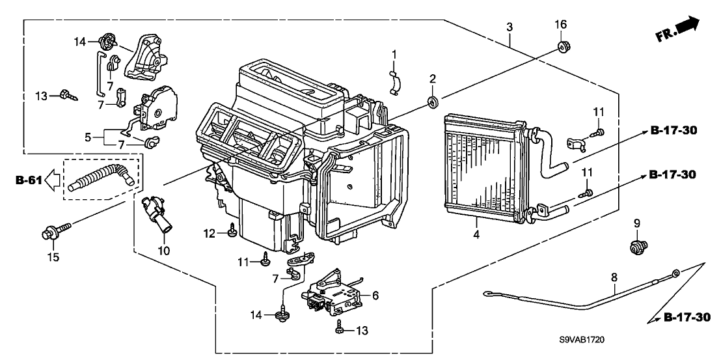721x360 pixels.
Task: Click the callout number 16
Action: [560, 24]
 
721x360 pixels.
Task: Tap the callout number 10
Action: [163, 251]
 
